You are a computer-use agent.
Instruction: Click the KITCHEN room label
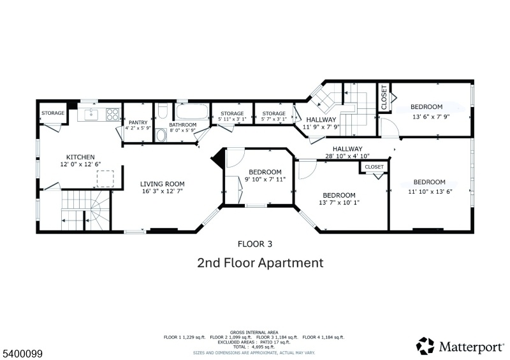point(80,157)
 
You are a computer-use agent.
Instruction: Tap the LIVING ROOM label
point(163,184)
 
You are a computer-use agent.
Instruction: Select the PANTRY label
point(138,122)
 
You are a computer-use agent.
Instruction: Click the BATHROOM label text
point(183,124)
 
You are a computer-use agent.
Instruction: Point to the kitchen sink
point(91,115)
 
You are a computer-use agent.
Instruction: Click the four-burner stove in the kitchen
point(113,115)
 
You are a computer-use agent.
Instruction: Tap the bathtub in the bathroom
point(193,112)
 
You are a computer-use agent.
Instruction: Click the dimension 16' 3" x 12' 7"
point(163,191)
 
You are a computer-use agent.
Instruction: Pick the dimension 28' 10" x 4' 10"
point(347,156)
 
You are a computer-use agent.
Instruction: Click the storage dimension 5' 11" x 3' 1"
point(232,119)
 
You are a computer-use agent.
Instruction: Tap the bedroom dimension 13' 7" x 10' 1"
point(339,202)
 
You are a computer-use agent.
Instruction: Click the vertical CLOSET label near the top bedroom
point(384,97)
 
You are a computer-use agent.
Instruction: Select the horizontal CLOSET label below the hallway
point(374,167)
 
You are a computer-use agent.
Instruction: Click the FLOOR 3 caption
point(255,244)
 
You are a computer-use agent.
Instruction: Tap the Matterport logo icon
point(425,346)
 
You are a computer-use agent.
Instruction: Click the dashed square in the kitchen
point(105,178)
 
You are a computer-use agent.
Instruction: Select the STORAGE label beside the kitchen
point(53,113)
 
